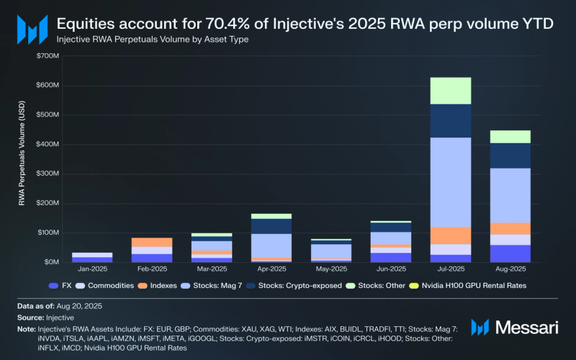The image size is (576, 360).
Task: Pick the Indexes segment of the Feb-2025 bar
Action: pos(152,242)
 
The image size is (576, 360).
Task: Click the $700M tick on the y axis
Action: pos(46,55)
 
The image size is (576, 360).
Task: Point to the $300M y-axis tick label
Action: pos(46,174)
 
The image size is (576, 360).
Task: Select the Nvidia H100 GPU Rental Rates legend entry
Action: pos(468,286)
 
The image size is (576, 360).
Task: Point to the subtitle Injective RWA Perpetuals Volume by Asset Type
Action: pos(153,39)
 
